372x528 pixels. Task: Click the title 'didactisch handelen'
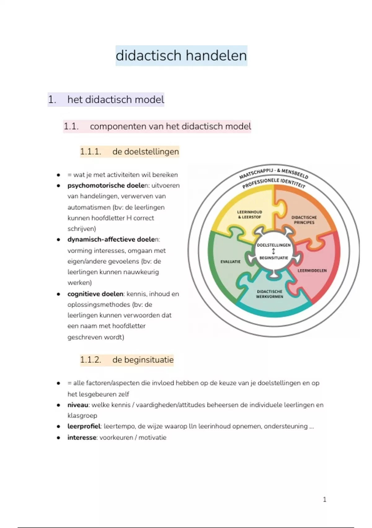tap(181, 56)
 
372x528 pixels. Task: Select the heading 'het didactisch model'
tap(116, 100)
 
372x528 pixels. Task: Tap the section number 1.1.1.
tap(91, 152)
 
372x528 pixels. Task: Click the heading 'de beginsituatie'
tap(143, 360)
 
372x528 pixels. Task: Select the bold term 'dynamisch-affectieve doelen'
tap(113, 239)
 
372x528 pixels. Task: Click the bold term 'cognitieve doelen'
tap(95, 294)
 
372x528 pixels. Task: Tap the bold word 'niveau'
tap(78, 405)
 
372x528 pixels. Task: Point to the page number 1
tap(325, 499)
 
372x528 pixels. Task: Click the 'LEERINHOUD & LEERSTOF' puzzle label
tap(250, 215)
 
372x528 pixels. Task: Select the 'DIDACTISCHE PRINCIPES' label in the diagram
tap(304, 220)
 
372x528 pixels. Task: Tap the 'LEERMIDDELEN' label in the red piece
tap(312, 271)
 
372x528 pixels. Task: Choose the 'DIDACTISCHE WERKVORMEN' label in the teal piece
tap(269, 294)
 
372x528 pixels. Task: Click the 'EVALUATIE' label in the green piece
tap(230, 262)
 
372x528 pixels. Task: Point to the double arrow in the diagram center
tap(273, 251)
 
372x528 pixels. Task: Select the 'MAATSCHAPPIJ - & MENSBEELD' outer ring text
tap(274, 171)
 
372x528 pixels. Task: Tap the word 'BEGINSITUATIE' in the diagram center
tap(274, 258)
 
